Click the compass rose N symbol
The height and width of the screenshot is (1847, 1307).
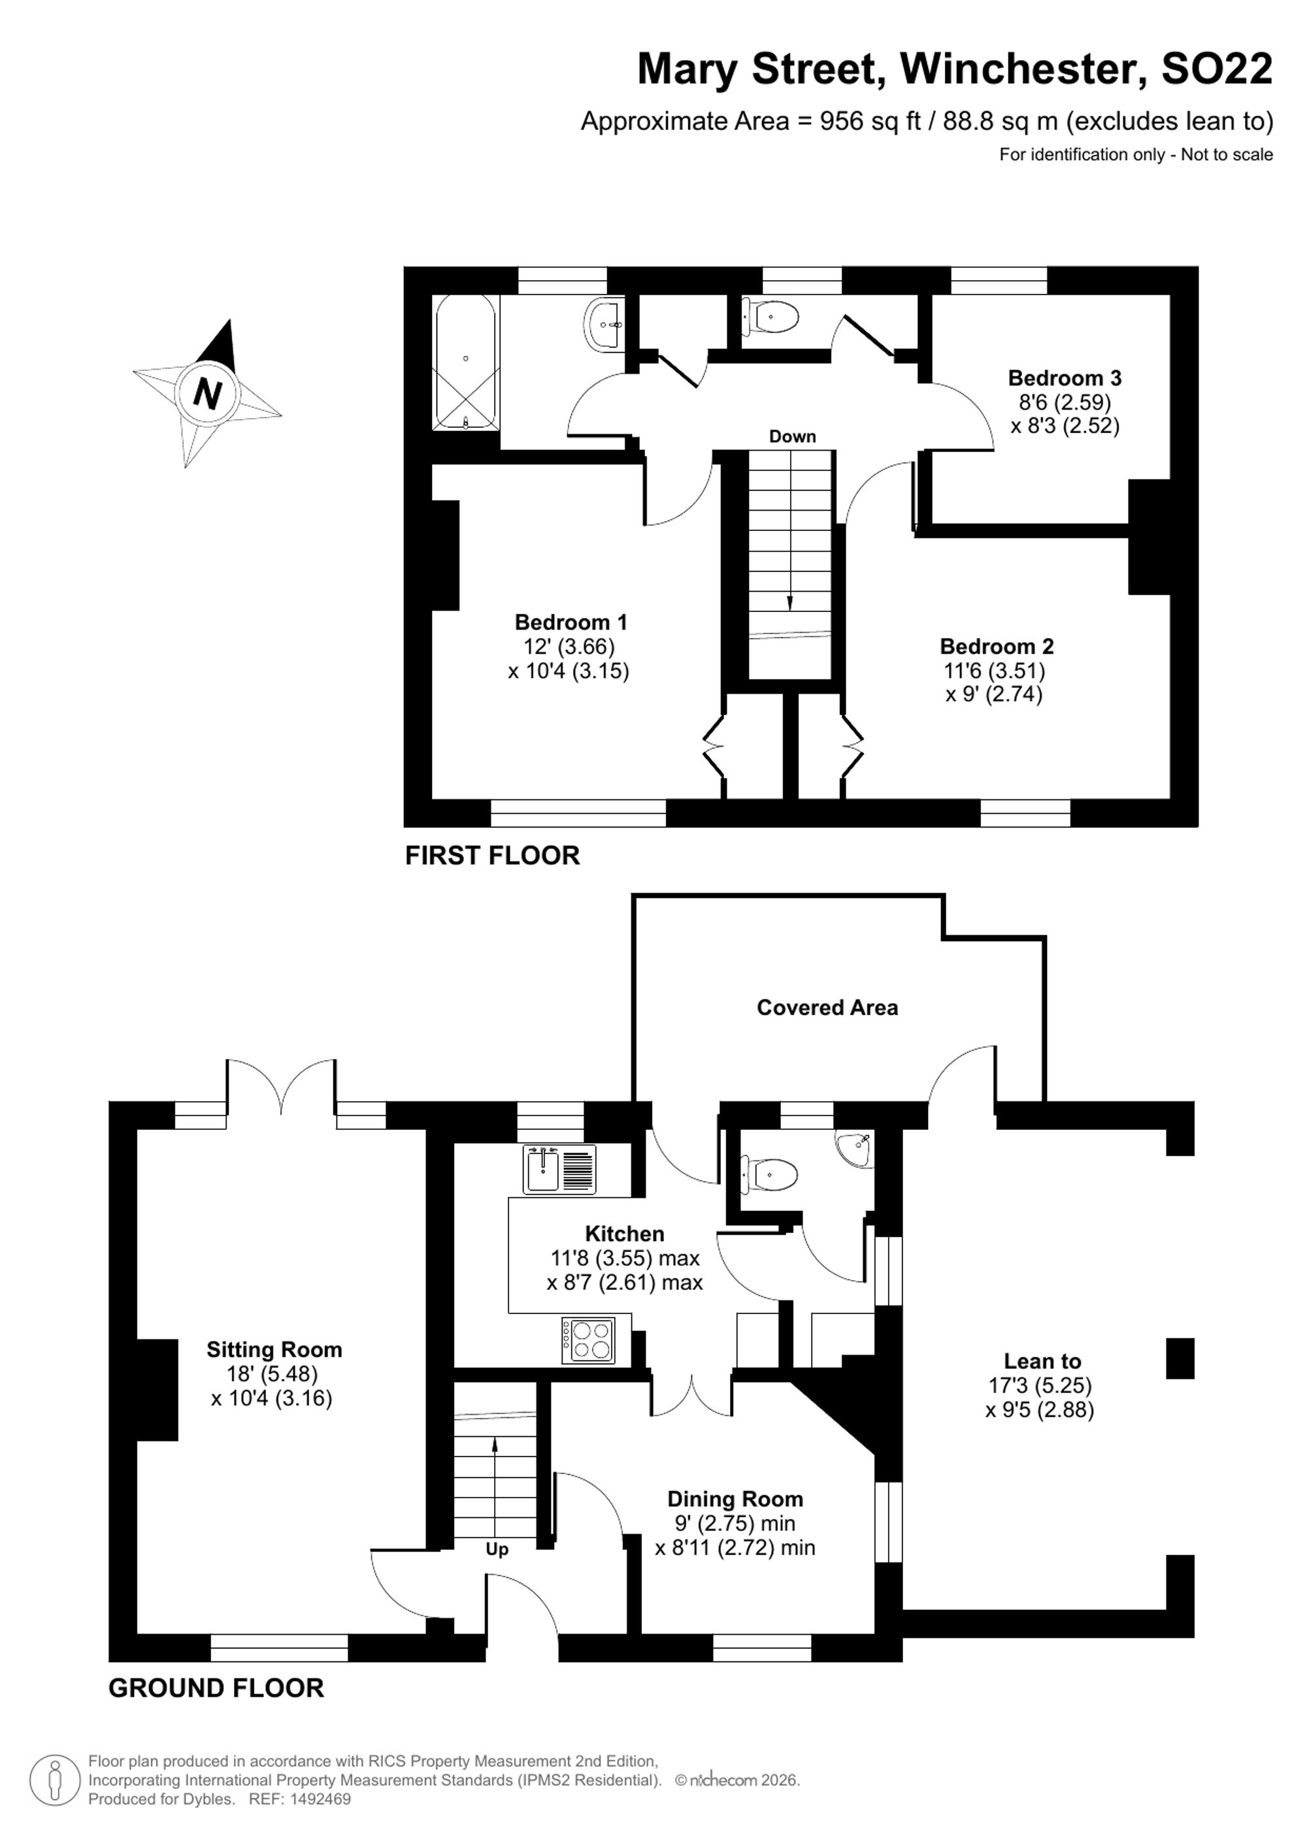coord(208,393)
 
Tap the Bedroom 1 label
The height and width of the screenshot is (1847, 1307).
coord(571,622)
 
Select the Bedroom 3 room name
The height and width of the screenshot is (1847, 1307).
coord(1064,377)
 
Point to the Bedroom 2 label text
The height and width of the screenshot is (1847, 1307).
coord(997,646)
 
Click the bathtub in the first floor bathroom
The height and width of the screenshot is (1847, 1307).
coord(466,363)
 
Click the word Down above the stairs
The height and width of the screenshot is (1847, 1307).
coord(792,436)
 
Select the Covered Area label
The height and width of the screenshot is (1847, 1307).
coord(827,1007)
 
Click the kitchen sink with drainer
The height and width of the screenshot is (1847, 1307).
coord(559,1169)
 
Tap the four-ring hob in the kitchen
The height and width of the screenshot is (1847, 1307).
coord(587,1340)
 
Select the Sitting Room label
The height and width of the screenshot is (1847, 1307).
coord(274,1349)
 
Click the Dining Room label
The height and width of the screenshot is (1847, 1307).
coord(735,1499)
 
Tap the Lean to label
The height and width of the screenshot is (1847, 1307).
coord(1042,1361)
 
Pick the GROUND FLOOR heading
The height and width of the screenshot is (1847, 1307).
coord(216,1688)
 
